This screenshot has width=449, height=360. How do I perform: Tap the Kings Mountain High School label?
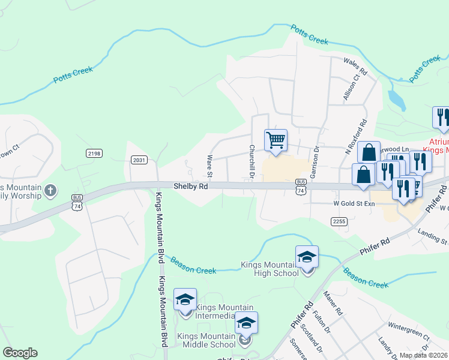point(270,269)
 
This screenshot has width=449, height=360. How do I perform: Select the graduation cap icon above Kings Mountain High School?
point(307,258)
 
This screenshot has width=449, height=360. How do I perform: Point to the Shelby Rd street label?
point(191,187)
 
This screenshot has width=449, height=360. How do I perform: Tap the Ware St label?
point(210,167)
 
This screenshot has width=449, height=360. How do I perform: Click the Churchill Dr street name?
point(253,161)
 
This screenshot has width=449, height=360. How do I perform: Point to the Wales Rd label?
point(354,62)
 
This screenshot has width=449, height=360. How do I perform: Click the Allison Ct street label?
point(354,85)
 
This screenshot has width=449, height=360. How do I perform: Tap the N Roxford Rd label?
point(355,136)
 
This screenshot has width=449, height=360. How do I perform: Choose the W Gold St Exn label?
point(354,204)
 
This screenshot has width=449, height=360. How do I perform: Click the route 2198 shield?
point(94,154)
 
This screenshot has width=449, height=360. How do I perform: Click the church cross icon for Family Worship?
point(50,191)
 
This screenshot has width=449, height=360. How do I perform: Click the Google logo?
point(20,353)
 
